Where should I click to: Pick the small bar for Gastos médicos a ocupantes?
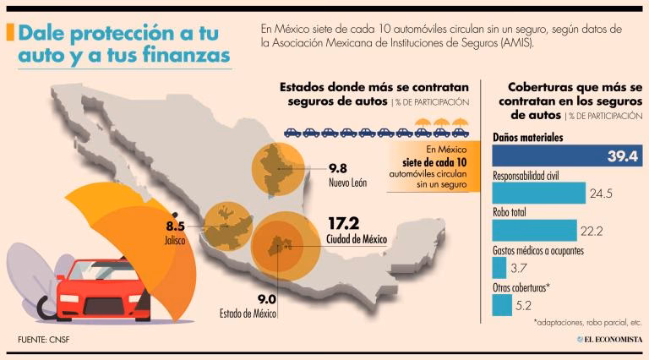coord(499,267)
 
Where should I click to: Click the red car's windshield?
coord(101,274)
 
